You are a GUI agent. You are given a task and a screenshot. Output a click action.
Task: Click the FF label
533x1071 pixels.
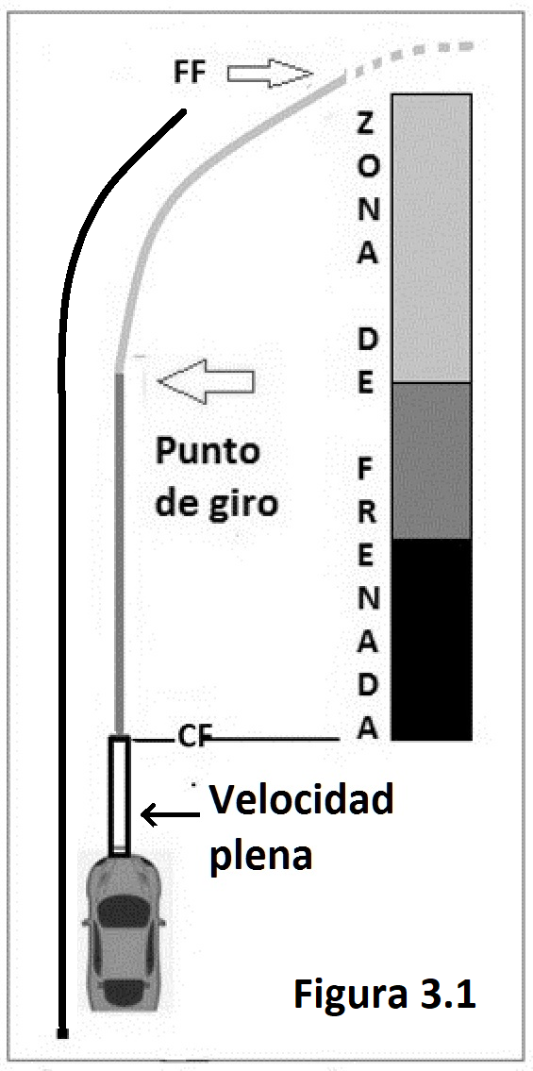point(191,73)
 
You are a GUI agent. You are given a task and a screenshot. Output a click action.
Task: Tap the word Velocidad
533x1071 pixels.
point(301,800)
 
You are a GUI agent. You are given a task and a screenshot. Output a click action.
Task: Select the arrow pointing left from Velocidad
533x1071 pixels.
point(169,813)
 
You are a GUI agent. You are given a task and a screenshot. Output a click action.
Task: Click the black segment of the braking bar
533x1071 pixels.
point(430,640)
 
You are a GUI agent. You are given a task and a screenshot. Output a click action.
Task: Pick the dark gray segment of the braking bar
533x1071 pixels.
point(430,460)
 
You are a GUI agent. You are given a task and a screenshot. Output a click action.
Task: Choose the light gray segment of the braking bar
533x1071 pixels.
point(430,238)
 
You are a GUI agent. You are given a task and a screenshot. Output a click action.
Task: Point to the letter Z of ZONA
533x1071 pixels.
point(366,125)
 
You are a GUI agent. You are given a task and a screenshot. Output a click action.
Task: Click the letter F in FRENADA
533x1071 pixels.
point(366,470)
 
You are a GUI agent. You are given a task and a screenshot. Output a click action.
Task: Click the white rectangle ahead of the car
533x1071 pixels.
point(120,795)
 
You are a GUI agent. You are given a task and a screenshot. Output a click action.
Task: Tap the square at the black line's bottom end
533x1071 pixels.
point(63,1033)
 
